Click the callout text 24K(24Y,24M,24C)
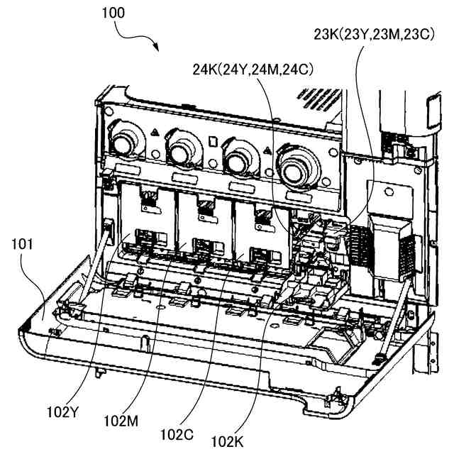(253, 70)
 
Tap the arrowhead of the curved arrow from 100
(158, 49)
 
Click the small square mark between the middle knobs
(211, 139)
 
